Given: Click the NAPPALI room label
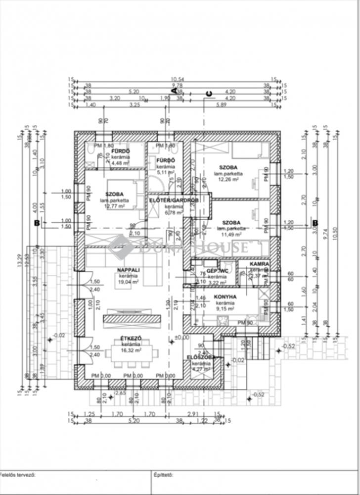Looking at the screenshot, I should tap(127, 270).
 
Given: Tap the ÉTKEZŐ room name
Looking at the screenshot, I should tap(132, 339).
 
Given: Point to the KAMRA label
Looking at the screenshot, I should tap(259, 264).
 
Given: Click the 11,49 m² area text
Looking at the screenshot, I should tap(230, 234).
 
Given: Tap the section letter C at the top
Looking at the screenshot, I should tap(209, 94).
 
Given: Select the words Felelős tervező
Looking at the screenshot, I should tap(18, 475).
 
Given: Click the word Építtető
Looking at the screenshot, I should tap(163, 475).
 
